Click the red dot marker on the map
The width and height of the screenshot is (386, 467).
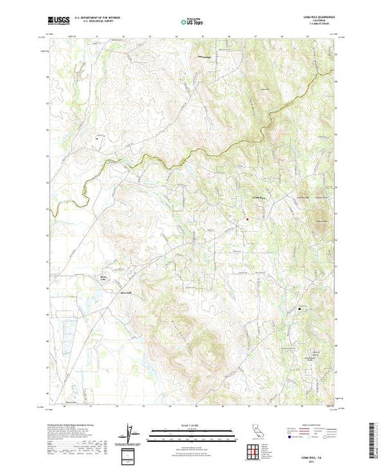(247, 219)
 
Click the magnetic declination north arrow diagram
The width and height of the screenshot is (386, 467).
(131, 433)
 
